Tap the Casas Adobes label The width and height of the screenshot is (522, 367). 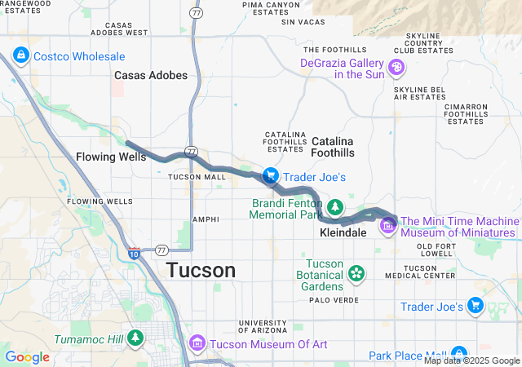point(151,75)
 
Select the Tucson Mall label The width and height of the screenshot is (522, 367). point(196,177)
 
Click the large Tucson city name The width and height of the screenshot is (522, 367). point(201,270)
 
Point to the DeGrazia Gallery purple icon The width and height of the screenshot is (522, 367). point(397,67)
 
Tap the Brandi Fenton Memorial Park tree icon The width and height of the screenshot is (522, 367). point(335,207)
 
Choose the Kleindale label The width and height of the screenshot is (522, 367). point(343,232)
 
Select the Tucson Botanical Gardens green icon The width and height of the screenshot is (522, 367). point(356,272)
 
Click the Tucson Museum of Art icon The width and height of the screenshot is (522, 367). point(197,344)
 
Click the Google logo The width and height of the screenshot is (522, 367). point(27,357)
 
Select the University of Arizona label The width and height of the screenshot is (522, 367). point(263,326)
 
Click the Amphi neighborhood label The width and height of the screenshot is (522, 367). point(205,219)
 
